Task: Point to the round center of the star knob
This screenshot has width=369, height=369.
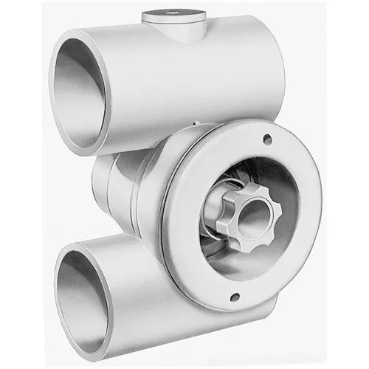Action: pos(252,217)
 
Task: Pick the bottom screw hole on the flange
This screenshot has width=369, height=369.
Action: pos(234,297)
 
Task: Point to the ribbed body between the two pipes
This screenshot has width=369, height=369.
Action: pos(118,188)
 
